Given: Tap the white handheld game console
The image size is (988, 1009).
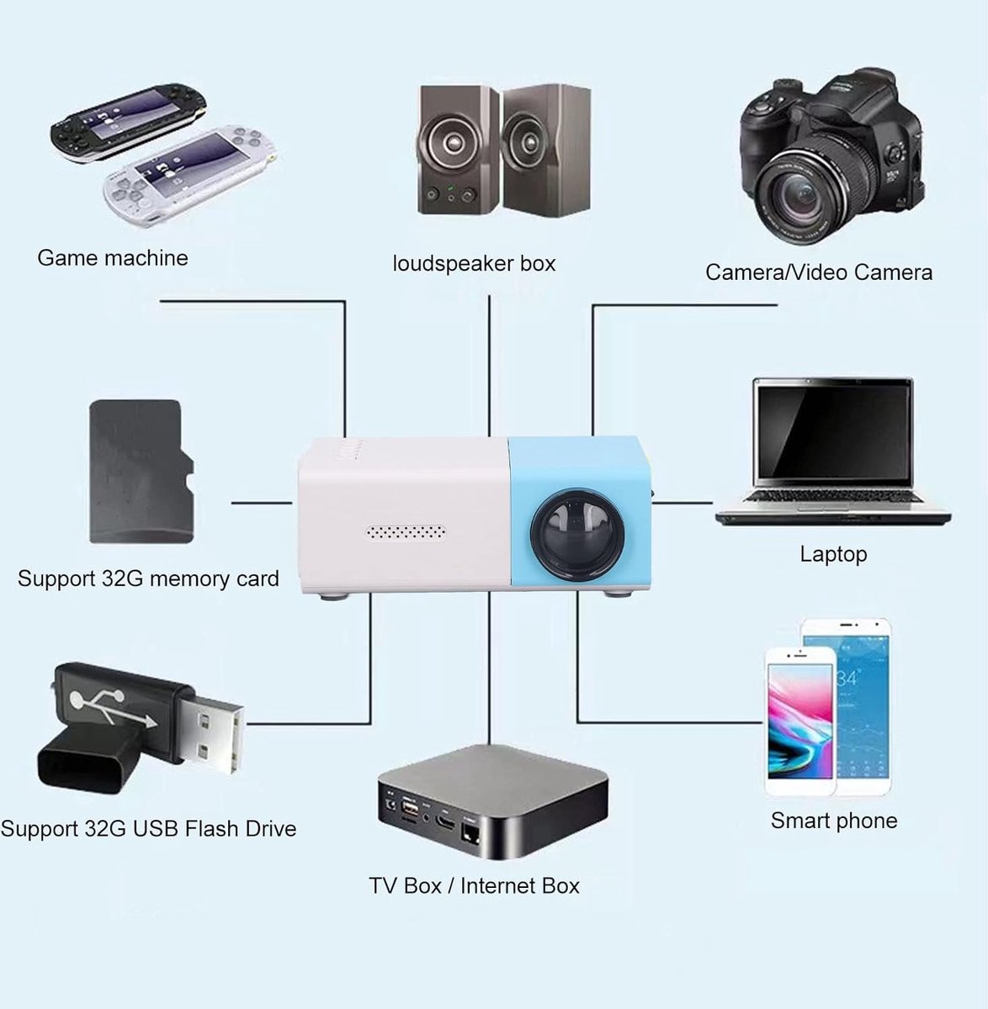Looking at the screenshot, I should [x=189, y=172].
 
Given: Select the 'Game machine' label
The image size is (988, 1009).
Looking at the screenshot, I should [x=113, y=257].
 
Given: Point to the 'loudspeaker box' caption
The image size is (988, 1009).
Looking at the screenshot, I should [x=474, y=263].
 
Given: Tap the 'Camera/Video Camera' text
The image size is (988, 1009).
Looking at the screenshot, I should [x=818, y=272].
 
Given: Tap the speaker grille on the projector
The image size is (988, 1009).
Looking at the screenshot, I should [x=406, y=533].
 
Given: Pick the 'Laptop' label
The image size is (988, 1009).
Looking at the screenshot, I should [x=833, y=554].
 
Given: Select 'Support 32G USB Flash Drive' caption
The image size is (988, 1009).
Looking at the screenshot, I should [x=148, y=828].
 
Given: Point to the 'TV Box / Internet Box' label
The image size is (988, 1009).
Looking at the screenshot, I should [x=474, y=885].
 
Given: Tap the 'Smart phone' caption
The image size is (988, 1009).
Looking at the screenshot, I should [x=833, y=821].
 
